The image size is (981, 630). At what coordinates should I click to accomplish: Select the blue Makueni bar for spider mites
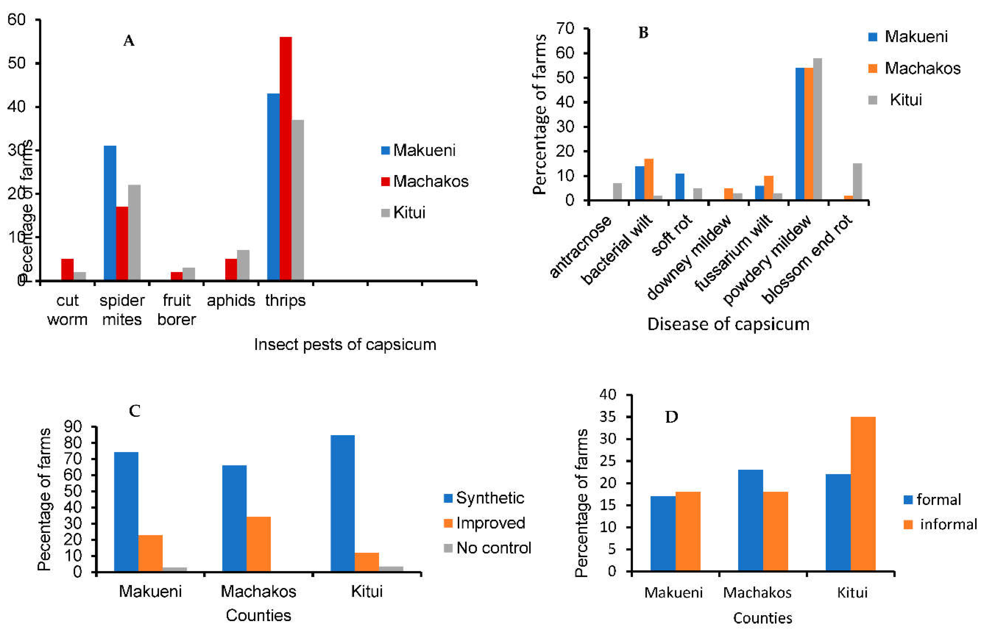coord(110,213)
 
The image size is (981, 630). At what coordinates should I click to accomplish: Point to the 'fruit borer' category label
coord(177,310)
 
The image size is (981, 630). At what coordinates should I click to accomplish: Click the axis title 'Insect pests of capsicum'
coord(345,345)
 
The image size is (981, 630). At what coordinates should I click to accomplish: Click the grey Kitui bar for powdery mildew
coord(817,129)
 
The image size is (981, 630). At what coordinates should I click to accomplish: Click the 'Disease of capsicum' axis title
coord(728,324)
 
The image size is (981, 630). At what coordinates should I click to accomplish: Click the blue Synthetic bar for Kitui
coord(342,503)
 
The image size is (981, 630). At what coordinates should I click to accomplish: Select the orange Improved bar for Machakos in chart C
coord(258,544)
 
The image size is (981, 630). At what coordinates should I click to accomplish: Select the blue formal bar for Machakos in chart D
coord(750,520)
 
